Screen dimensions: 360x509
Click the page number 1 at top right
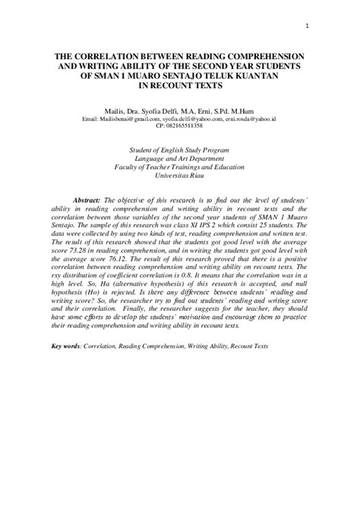click(x=306, y=30)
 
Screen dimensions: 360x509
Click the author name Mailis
click(x=125, y=111)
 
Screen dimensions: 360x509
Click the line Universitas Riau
click(x=180, y=182)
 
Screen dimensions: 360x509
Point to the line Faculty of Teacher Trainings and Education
click(x=180, y=173)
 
